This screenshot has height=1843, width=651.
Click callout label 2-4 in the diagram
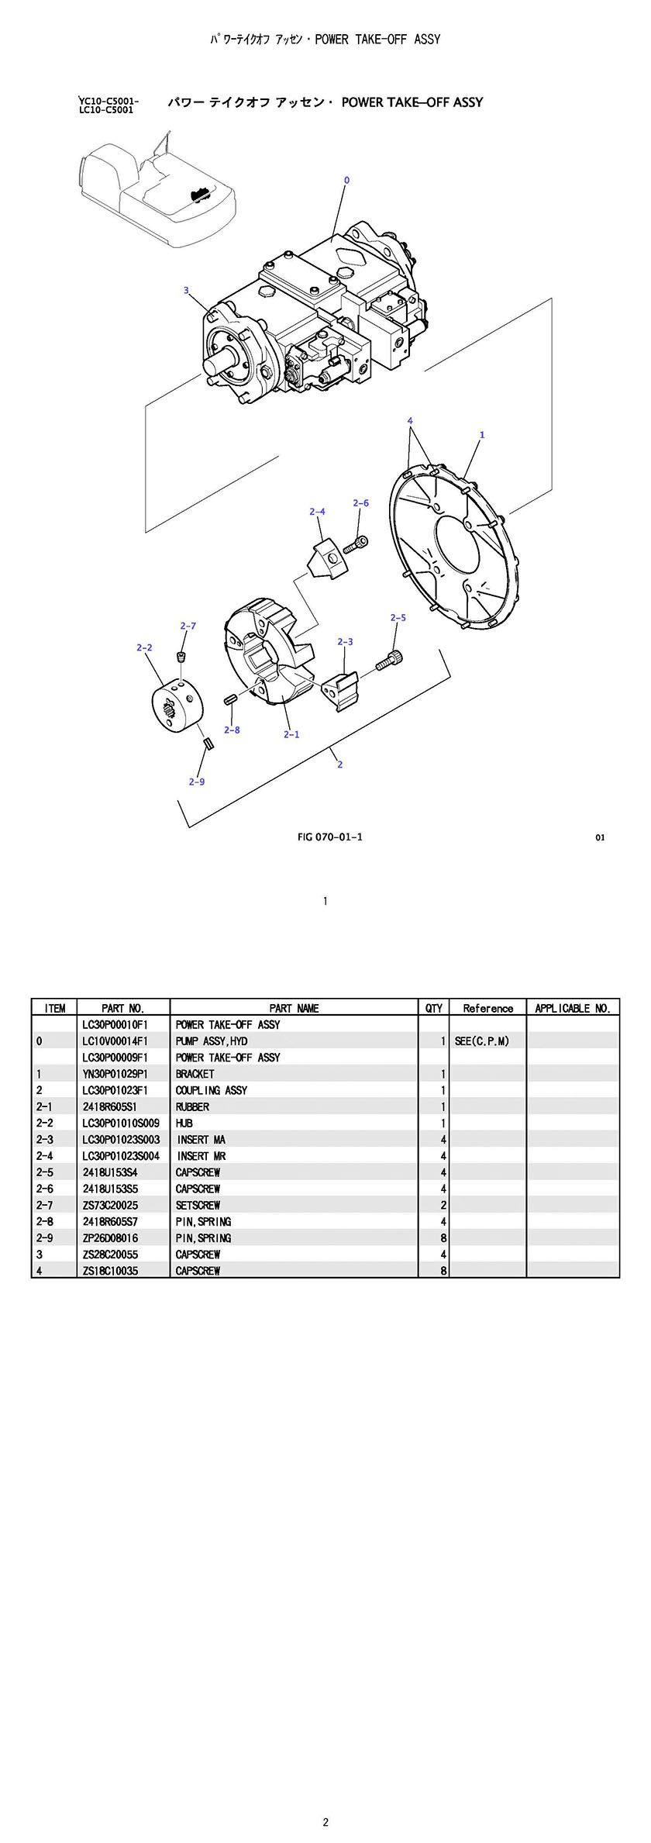coord(317,512)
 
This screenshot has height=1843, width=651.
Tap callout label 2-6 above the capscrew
coord(360,503)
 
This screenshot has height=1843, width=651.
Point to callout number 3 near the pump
coord(186,291)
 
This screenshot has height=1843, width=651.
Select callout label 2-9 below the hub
coord(197,782)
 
